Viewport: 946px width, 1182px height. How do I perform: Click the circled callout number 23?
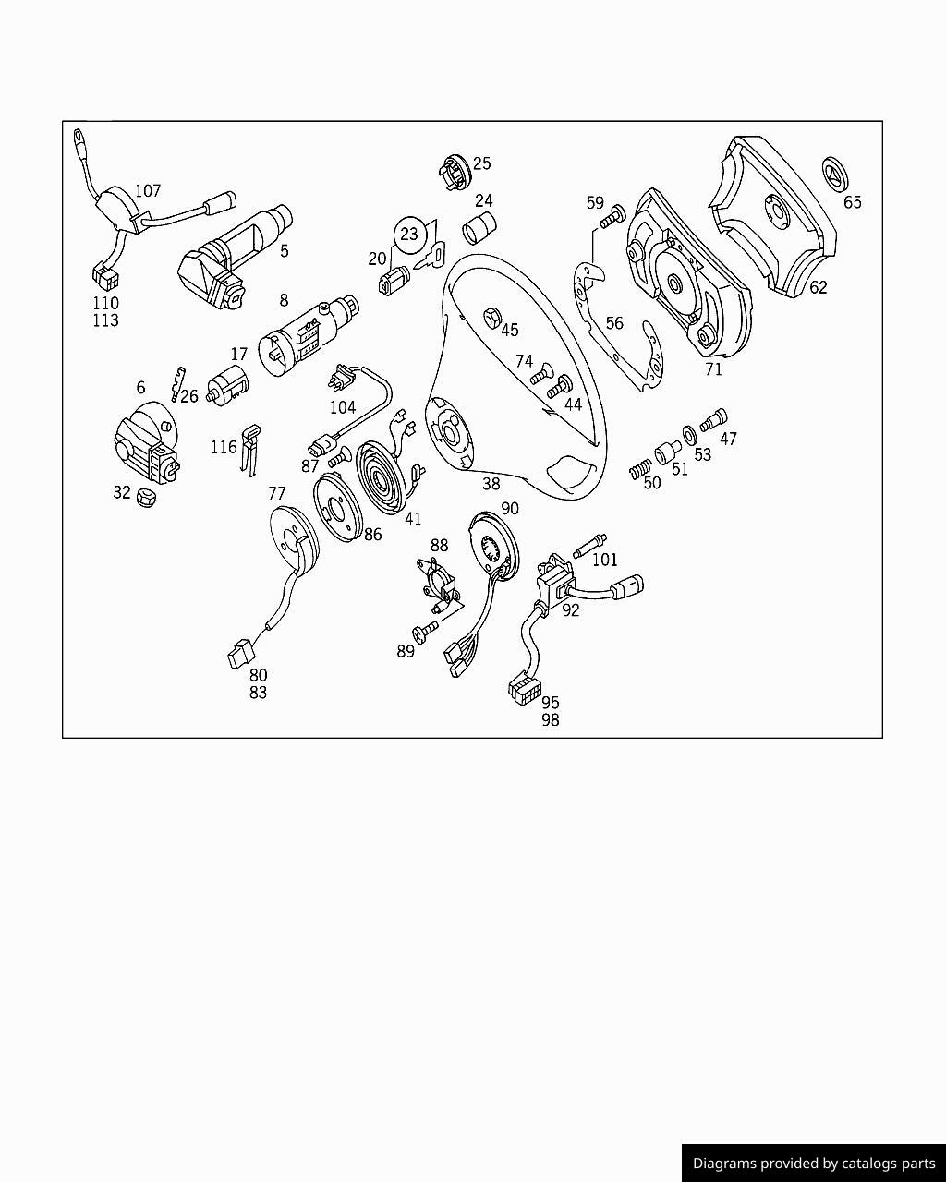pyautogui.click(x=409, y=235)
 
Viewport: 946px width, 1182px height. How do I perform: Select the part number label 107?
pyautogui.click(x=148, y=191)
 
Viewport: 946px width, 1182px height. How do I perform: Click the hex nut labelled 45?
pyautogui.click(x=492, y=319)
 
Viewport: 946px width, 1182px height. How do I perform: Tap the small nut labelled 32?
pyautogui.click(x=146, y=497)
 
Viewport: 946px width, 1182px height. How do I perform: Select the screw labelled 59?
pyautogui.click(x=612, y=220)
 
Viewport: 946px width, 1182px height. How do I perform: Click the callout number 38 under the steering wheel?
pyautogui.click(x=491, y=483)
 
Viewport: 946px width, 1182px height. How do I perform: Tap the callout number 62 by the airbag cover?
pyautogui.click(x=819, y=287)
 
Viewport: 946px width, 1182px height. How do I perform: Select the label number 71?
pyautogui.click(x=713, y=370)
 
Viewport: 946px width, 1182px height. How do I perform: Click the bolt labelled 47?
pyautogui.click(x=713, y=420)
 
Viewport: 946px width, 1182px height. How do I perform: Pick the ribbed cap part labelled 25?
pyautogui.click(x=450, y=172)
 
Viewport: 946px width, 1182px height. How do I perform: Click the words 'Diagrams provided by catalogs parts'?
pyautogui.click(x=814, y=1164)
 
